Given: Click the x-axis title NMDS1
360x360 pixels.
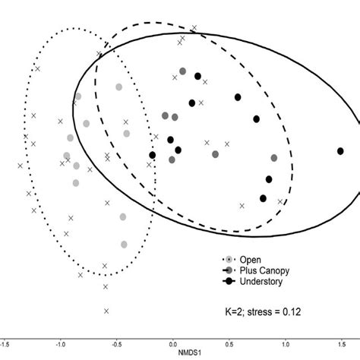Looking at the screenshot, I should [178, 354].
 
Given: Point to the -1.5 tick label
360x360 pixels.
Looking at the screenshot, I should [5, 343].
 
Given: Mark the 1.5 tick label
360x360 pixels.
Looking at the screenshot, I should [339, 343].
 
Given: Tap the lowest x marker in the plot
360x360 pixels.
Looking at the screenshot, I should [106, 311].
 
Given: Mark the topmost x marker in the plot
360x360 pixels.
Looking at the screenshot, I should [194, 28].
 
